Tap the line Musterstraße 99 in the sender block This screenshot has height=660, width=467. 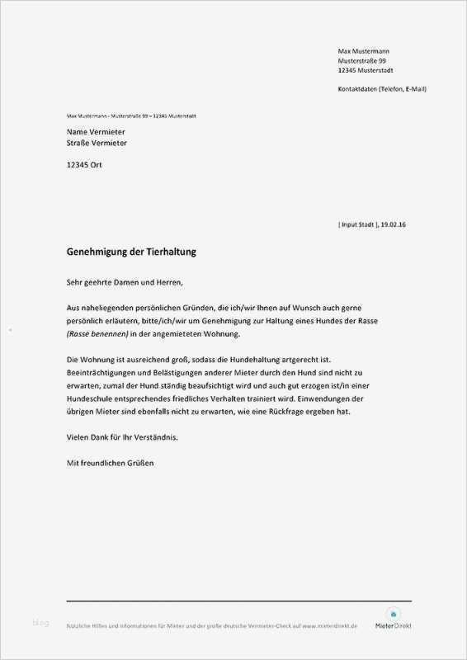361,61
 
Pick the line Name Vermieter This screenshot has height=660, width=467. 96,131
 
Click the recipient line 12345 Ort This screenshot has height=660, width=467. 85,164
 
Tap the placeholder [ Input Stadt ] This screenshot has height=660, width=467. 358,224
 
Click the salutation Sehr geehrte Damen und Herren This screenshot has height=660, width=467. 125,283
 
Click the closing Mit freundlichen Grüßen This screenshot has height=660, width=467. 110,463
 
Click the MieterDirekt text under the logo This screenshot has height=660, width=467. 392,626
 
